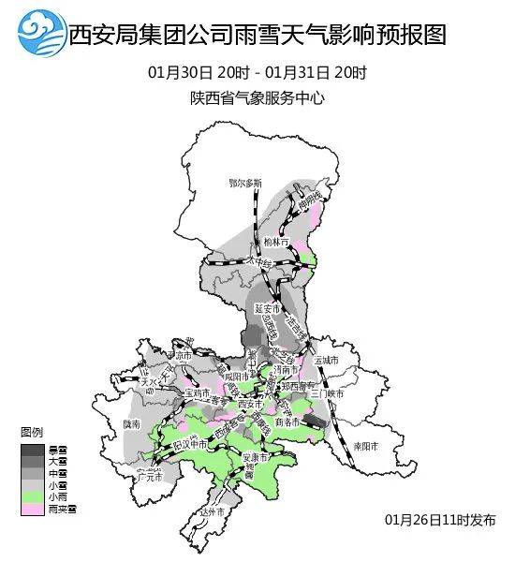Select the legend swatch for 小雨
(x=32, y=496)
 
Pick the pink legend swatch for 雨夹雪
(x=32, y=509)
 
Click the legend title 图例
(x=32, y=433)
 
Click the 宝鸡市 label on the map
(x=198, y=393)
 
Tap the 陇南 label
(x=131, y=424)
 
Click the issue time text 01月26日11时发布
(x=440, y=519)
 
